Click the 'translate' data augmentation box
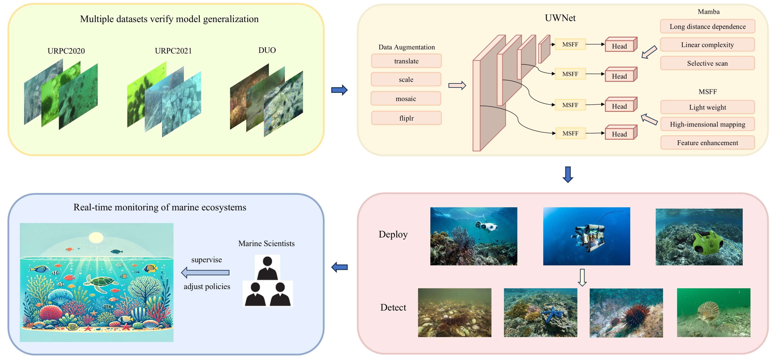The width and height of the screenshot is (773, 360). tap(406, 61)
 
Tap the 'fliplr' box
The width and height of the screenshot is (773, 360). tap(406, 118)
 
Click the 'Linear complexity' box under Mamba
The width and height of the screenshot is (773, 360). tap(707, 45)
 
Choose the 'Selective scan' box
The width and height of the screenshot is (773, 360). tap(707, 63)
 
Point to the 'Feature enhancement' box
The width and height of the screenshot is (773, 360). tap(707, 143)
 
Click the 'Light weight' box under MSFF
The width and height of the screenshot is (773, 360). tap(707, 107)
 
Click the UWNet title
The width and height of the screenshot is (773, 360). tap(560, 18)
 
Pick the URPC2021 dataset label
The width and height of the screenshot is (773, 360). tap(173, 51)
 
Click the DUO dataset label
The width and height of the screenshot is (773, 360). tap(267, 50)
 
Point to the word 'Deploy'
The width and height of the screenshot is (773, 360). tap(393, 234)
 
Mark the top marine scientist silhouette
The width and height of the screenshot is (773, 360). tap(267, 267)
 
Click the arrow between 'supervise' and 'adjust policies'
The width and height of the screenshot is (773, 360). tap(205, 273)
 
